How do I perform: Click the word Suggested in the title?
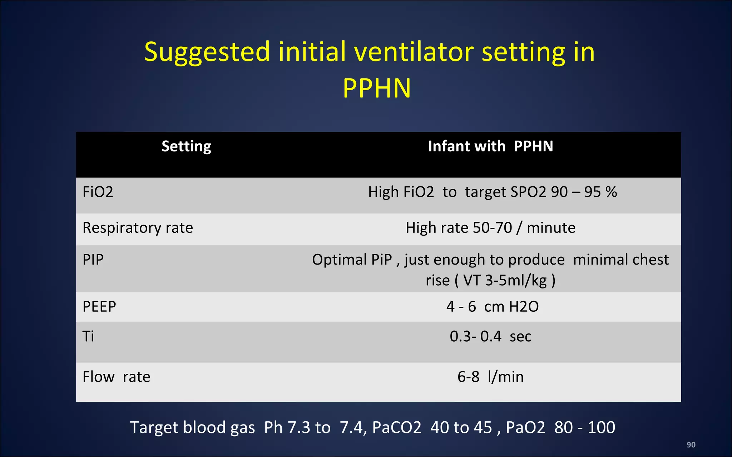click(207, 52)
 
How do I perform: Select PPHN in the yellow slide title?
click(377, 88)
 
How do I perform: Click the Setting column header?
click(186, 146)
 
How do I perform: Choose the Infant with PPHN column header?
click(490, 146)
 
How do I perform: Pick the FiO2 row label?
click(98, 192)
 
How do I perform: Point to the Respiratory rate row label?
click(138, 228)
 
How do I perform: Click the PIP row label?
click(93, 260)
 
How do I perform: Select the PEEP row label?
click(99, 307)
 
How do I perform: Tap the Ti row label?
click(88, 336)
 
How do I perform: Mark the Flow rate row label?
click(116, 377)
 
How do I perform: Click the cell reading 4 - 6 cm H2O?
click(492, 307)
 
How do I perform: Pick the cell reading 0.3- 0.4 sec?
click(490, 336)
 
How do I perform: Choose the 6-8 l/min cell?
click(490, 377)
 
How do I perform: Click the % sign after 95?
click(611, 192)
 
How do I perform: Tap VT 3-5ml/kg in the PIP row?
click(505, 280)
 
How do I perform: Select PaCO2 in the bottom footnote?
click(397, 427)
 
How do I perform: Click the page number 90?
click(691, 445)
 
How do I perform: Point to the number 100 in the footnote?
click(601, 427)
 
